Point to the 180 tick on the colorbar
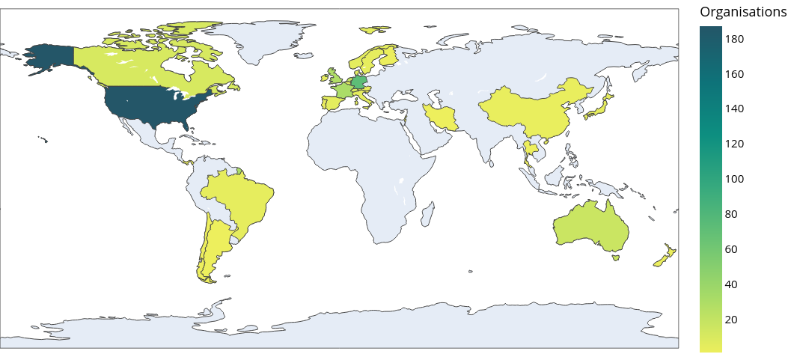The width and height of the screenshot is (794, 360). click(734, 39)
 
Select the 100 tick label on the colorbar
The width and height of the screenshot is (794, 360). click(734, 179)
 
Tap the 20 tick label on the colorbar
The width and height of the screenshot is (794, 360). click(731, 320)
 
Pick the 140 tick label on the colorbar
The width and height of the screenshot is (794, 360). click(734, 109)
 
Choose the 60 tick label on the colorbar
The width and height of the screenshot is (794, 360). click(731, 249)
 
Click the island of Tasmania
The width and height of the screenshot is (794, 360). click(616, 258)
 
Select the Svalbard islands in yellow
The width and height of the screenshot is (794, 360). click(373, 30)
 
